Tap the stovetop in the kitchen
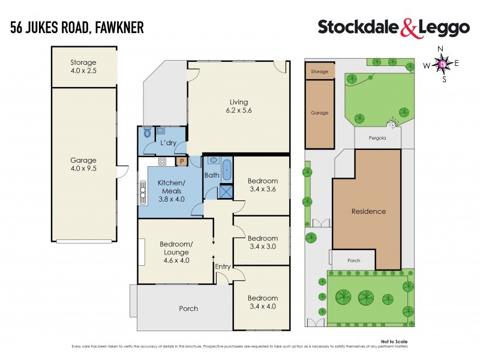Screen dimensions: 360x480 (x=162, y=161)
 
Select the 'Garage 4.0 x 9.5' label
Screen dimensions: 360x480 (x=83, y=164)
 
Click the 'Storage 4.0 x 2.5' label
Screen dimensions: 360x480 (x=83, y=67)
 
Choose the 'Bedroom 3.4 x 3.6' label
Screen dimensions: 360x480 (x=262, y=185)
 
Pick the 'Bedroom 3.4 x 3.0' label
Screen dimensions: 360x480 (x=262, y=242)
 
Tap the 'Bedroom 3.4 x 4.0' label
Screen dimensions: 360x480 (x=262, y=302)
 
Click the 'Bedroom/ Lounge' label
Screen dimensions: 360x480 (x=176, y=248)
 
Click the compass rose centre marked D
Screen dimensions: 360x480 (x=443, y=63)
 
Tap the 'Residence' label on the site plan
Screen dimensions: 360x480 (x=368, y=211)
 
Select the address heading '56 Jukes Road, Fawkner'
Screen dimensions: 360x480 (x=76, y=27)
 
